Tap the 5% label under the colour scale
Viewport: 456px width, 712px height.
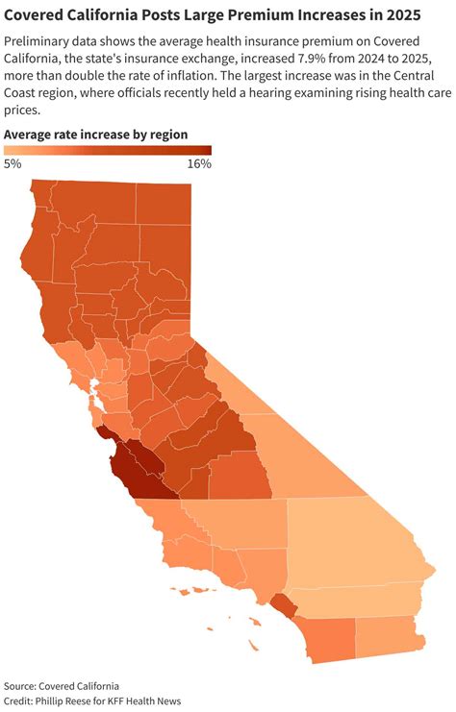(x=13, y=164)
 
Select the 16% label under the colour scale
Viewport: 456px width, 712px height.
(x=198, y=164)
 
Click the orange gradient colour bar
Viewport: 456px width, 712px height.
(x=107, y=150)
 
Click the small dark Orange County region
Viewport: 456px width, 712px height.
(x=283, y=605)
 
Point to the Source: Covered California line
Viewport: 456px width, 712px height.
(x=62, y=686)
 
